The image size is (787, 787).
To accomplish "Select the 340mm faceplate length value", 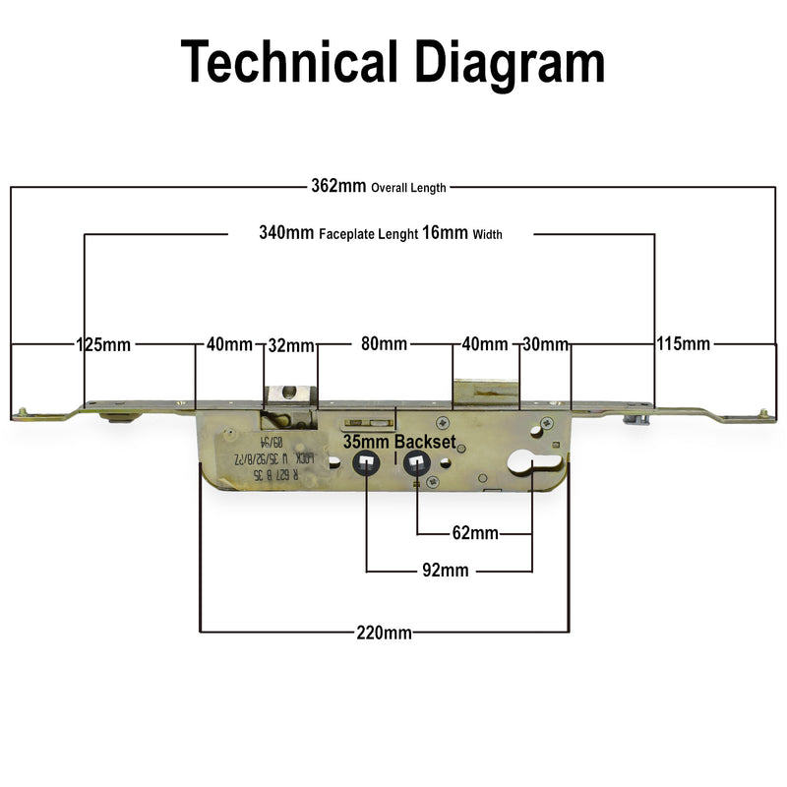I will pos(286,234).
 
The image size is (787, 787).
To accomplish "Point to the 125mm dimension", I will pos(103,345).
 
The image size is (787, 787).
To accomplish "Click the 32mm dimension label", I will pos(291,345).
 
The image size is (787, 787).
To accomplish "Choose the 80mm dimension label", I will pos(384,345).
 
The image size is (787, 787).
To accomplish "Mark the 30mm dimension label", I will pos(545,345).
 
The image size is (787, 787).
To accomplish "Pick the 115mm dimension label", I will pos(683,345).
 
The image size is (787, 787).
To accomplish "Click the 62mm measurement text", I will pos(475,534).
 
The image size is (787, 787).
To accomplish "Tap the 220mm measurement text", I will pos(385,633).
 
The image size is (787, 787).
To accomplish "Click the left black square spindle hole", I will pos(366,462).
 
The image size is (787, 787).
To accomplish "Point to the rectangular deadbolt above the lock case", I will pos(484,393).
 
